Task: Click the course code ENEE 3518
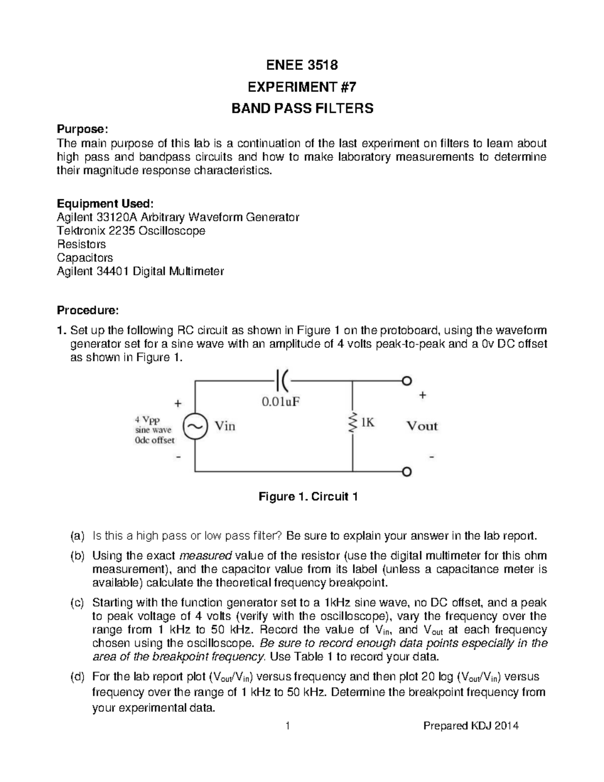(x=302, y=65)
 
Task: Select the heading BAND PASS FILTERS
(x=302, y=108)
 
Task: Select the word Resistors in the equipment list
(x=81, y=244)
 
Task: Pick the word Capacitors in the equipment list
(x=85, y=258)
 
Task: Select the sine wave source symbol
(x=194, y=426)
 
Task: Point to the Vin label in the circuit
(x=225, y=426)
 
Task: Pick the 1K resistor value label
(x=367, y=423)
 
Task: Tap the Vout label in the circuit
(x=422, y=426)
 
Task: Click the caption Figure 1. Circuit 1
(x=308, y=497)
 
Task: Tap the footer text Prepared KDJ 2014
(x=471, y=726)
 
